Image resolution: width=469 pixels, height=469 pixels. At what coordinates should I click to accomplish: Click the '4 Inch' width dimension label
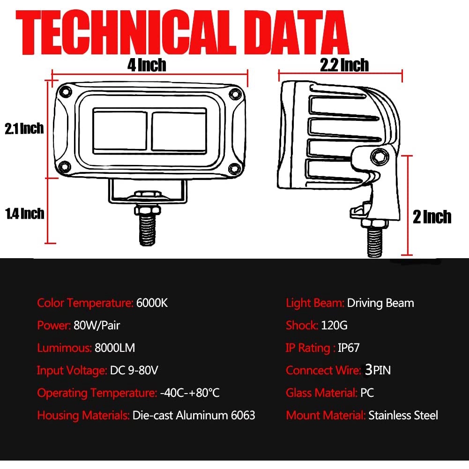tap(147, 65)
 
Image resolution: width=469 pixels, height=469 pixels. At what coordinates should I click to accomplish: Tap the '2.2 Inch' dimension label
tap(344, 65)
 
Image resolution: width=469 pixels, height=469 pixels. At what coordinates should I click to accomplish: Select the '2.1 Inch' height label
tap(24, 128)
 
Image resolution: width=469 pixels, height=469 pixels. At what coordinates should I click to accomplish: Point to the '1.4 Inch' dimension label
tap(25, 214)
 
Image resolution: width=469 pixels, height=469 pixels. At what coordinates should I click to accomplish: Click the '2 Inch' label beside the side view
tap(432, 217)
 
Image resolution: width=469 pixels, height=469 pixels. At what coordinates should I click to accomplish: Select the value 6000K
tap(152, 303)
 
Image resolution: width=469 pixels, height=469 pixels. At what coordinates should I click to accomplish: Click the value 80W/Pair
tap(100, 326)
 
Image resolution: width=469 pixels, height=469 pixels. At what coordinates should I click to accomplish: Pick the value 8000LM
tap(115, 348)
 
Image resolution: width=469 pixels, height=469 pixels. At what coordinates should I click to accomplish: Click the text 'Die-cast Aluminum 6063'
tap(194, 416)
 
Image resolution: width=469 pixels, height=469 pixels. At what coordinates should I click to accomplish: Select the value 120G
tap(334, 326)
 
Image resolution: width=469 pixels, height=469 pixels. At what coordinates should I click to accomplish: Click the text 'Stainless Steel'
tap(403, 416)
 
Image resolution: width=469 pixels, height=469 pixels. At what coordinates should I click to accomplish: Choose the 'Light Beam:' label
tap(315, 303)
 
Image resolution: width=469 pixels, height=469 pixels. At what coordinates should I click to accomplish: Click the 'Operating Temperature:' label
tap(97, 393)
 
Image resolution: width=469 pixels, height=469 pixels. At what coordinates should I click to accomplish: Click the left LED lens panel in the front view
tap(121, 131)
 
